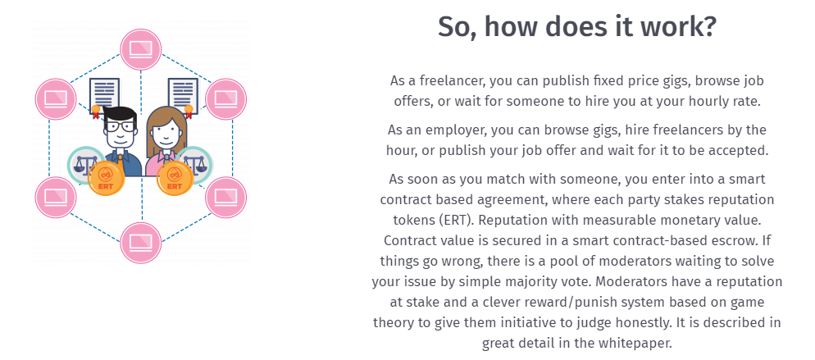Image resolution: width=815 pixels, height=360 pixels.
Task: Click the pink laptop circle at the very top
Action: click(141, 49)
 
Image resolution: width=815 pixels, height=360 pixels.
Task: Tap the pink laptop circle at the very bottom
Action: click(141, 243)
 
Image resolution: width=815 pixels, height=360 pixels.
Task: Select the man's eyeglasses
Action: click(120, 125)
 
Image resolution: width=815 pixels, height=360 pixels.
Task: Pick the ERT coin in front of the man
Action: click(106, 178)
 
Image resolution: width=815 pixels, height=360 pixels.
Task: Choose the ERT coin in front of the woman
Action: click(175, 179)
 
